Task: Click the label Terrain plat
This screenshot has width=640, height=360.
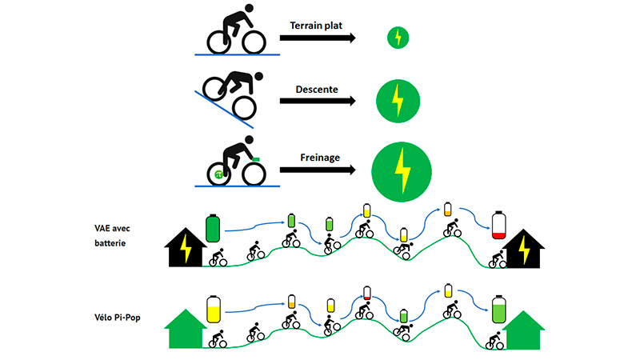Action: [x=318, y=25]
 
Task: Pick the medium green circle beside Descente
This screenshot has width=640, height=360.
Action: [x=398, y=100]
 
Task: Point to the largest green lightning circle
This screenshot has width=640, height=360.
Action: [x=402, y=169]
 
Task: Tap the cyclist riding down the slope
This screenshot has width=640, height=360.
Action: [x=231, y=93]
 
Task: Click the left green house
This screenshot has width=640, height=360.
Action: [x=186, y=329]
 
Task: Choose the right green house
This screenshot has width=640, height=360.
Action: [x=525, y=330]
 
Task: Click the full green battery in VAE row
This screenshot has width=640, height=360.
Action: [x=213, y=226]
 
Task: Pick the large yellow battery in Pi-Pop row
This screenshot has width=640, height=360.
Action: [x=213, y=308]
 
